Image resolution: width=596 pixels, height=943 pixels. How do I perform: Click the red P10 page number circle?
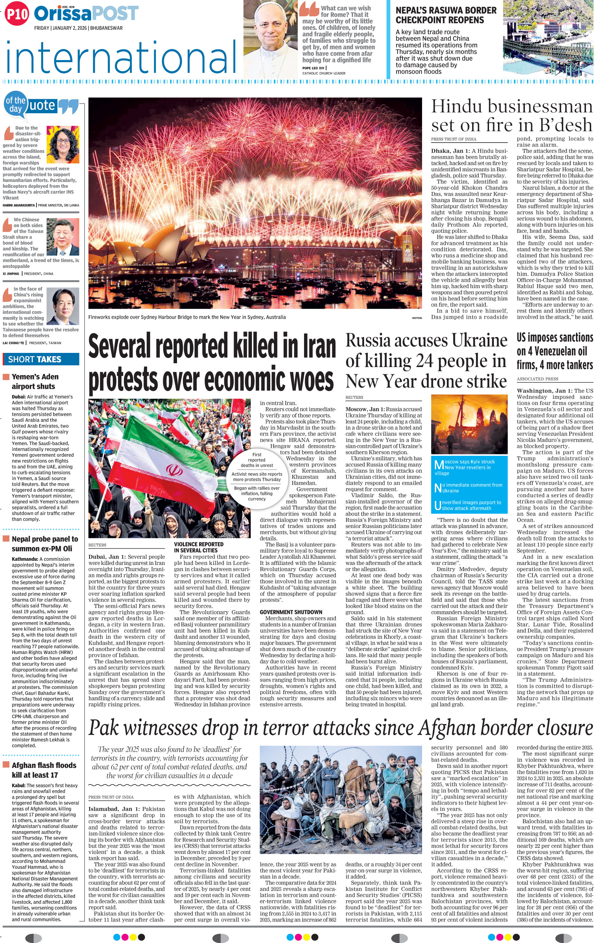pos(17,14)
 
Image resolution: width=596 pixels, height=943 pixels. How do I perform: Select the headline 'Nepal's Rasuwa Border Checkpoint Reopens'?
pos(445,15)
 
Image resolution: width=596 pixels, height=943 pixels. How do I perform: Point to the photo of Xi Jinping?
pos(62,237)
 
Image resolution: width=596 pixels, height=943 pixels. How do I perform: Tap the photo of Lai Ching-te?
pos(62,306)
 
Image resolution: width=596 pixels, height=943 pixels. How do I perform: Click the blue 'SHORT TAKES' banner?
pos(41,359)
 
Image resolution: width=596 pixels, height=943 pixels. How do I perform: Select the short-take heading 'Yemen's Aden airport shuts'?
pos(35,381)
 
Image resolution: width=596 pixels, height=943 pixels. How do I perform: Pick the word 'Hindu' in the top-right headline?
pos(456,107)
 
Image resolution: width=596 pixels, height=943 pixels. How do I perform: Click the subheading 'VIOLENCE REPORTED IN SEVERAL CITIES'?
pos(199,547)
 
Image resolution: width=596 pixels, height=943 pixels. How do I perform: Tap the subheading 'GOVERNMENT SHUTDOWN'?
pos(291,612)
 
